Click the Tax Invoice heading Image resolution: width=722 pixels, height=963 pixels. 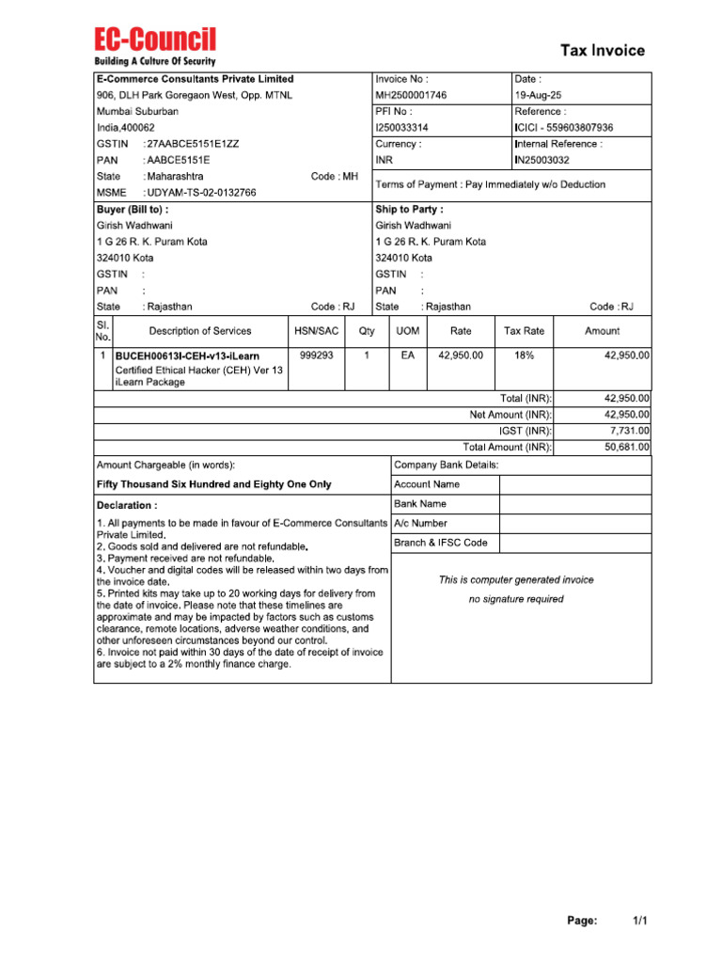coord(603,50)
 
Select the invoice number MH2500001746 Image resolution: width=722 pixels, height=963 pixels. coord(411,95)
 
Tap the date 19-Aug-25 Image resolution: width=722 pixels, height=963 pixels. coord(539,95)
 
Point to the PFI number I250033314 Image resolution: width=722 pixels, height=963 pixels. coord(402,128)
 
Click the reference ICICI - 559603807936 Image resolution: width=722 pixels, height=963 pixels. coord(564,128)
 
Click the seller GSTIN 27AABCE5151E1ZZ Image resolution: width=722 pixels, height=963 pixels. coord(193,144)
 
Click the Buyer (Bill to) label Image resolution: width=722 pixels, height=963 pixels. coord(133,210)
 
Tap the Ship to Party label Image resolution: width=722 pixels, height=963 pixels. coord(409,210)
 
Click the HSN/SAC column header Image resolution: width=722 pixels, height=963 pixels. coord(316,331)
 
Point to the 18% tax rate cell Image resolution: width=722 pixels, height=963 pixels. coord(525,355)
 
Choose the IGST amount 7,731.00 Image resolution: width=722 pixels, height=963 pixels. coord(625,431)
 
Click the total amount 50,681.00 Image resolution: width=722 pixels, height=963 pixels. coord(625,447)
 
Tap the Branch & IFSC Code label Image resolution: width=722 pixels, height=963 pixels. coord(441,543)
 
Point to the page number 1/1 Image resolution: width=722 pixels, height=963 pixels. coord(639,921)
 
